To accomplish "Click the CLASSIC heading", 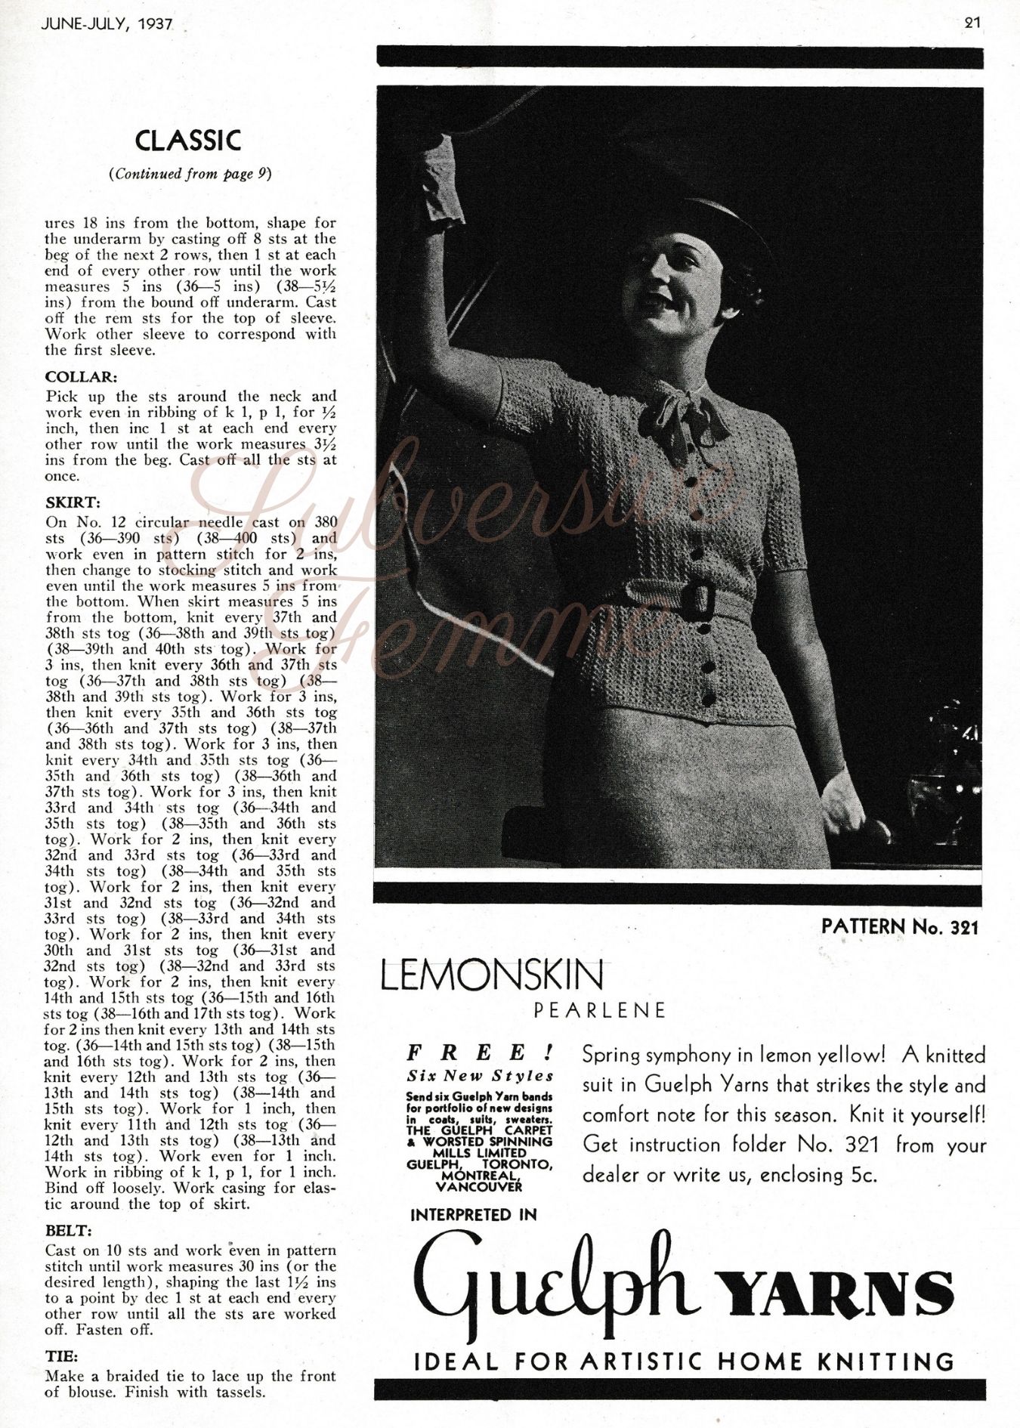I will point(188,141).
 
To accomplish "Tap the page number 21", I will point(972,23).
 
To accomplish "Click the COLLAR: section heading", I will point(81,377).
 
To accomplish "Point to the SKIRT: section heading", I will point(73,502).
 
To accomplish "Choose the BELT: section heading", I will point(69,1231).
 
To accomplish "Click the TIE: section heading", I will point(62,1356).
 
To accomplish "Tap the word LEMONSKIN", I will point(493,976).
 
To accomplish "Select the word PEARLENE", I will point(600,1010).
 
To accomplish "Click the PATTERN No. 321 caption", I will point(899,926).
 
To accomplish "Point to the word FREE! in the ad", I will point(481,1052).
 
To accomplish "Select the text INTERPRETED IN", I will point(473,1215).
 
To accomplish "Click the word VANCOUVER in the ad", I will point(479,1186).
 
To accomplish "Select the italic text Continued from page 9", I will point(190,174).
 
